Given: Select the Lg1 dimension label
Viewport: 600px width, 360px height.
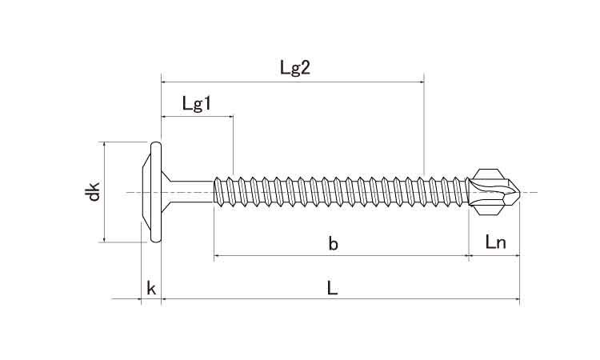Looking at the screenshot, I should (x=196, y=103).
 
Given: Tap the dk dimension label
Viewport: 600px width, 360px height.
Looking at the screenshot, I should (x=94, y=192).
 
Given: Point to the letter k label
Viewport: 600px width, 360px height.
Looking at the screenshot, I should (x=150, y=289).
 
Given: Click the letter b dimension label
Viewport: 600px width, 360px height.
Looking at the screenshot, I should (x=333, y=245).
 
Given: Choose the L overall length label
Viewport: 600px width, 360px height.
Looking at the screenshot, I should (x=333, y=289).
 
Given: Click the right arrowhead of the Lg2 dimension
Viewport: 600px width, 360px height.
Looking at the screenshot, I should (x=421, y=81).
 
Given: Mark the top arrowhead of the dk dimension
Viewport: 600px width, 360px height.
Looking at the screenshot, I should (x=103, y=145).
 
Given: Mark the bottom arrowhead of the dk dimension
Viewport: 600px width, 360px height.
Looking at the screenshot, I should (x=103, y=239).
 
